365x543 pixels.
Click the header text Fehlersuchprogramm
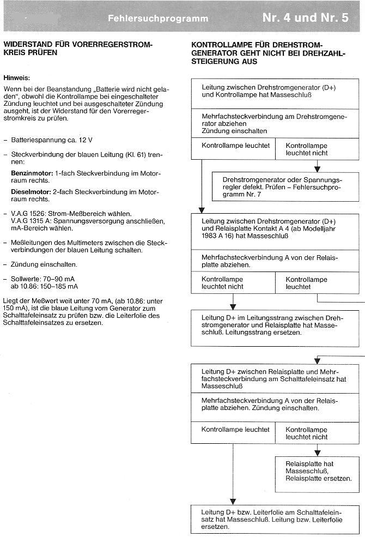158,18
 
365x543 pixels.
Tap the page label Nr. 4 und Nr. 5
305,17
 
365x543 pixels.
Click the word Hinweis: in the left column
16,78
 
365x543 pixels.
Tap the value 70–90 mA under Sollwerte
65,278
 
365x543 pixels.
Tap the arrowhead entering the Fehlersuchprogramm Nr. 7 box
317,169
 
